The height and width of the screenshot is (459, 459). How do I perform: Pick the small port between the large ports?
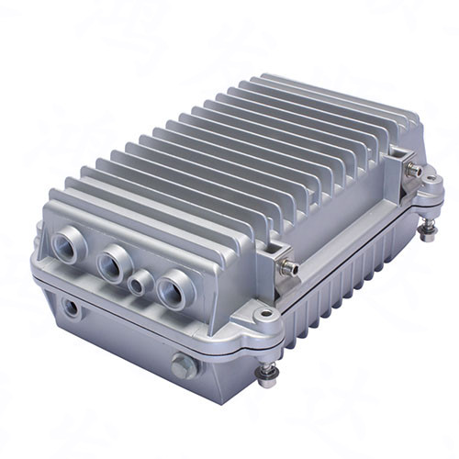click(140, 283)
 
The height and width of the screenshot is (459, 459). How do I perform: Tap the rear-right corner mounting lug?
click(429, 196)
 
